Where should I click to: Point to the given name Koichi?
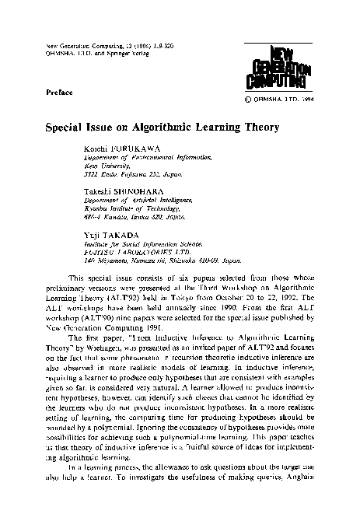click(94, 147)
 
